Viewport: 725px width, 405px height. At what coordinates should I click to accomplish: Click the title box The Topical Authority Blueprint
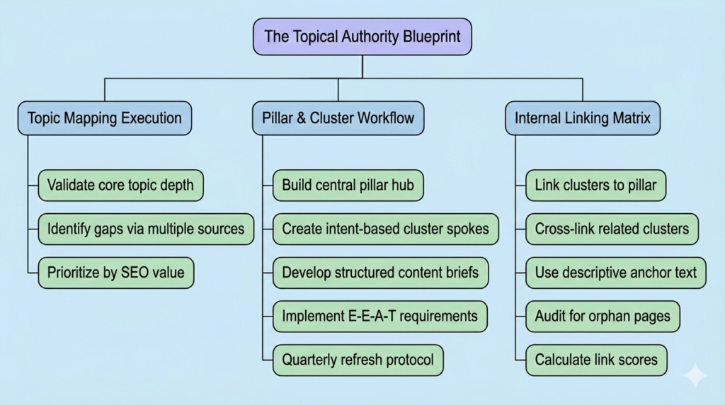[x=362, y=37]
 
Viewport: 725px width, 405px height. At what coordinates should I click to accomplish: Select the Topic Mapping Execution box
[x=104, y=118]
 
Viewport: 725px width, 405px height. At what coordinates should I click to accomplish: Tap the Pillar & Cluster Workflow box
[x=338, y=118]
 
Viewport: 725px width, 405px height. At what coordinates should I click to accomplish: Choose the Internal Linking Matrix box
[x=582, y=118]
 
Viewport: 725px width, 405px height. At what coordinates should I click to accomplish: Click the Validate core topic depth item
[x=120, y=186]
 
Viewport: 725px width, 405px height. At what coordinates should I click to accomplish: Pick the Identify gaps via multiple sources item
[x=145, y=229]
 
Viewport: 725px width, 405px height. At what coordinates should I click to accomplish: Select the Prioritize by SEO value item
[x=115, y=272]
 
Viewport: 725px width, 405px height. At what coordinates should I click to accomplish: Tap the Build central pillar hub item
[x=348, y=186]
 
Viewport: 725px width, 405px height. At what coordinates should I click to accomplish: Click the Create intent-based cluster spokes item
[x=385, y=229]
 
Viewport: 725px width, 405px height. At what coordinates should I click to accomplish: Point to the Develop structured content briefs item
[x=380, y=272]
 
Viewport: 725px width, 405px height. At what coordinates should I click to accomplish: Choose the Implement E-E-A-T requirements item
[x=379, y=316]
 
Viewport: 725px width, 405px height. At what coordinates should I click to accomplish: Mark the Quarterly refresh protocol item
[x=358, y=359]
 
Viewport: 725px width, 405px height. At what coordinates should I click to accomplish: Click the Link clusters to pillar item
[x=595, y=186]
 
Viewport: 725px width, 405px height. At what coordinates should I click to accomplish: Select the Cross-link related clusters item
[x=612, y=229]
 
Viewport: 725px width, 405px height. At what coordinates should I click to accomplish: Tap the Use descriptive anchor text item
[x=615, y=272]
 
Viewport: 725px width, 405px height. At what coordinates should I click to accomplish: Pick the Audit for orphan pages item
[x=603, y=316]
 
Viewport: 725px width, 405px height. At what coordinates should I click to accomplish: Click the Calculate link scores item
[x=596, y=359]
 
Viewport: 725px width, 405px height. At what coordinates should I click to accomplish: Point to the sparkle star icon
[x=696, y=375]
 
